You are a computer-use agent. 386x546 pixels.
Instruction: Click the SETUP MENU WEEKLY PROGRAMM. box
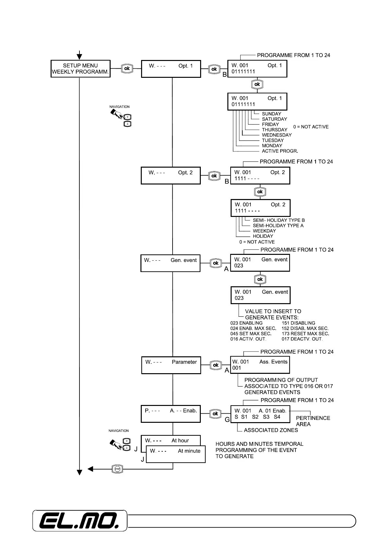80,68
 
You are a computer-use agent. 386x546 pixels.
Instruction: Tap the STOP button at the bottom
117,469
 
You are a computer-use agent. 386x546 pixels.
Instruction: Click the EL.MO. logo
79,521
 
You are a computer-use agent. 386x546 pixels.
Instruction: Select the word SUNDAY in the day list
271,114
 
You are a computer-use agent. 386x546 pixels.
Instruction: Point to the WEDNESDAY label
277,135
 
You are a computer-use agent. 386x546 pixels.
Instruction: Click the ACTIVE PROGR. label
280,151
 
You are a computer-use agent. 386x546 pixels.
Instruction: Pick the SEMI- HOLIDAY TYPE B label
279,220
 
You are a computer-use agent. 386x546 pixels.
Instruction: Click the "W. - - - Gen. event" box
170,263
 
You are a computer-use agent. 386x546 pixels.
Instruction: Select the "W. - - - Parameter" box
171,365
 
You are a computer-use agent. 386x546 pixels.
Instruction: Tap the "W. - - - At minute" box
176,454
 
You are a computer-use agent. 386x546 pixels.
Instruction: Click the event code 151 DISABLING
298,323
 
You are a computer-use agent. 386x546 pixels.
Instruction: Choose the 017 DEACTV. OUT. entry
302,339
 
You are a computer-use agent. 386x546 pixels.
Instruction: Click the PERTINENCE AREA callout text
313,421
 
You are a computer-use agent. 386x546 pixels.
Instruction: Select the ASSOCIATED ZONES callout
271,430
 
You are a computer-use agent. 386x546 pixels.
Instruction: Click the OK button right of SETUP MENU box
127,68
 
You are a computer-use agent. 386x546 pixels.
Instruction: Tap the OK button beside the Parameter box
216,365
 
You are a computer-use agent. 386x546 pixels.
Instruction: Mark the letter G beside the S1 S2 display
227,420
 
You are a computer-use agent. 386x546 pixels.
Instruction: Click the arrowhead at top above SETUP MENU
79,57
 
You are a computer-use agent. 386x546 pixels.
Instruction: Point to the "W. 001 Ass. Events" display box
260,365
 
